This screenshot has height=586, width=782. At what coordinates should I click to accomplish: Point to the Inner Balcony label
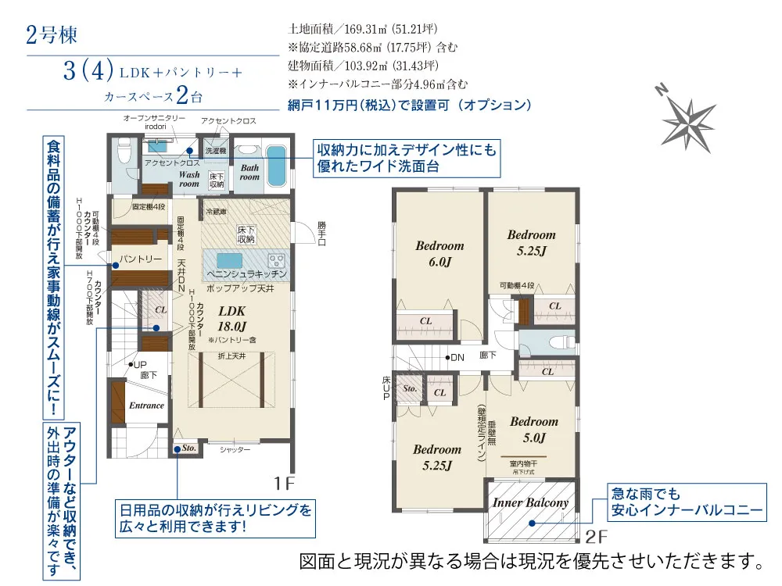click(x=530, y=502)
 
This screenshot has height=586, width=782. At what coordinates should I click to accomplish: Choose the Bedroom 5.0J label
click(x=534, y=429)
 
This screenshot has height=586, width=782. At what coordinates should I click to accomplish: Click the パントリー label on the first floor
click(x=141, y=259)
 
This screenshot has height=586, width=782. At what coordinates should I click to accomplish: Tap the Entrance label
click(x=146, y=406)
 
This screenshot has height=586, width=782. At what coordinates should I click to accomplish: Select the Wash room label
click(x=189, y=179)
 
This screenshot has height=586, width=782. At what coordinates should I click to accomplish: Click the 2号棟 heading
click(x=52, y=36)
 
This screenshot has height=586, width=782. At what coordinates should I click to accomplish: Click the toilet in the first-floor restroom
click(x=123, y=149)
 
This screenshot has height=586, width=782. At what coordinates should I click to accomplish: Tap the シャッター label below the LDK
click(x=235, y=449)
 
